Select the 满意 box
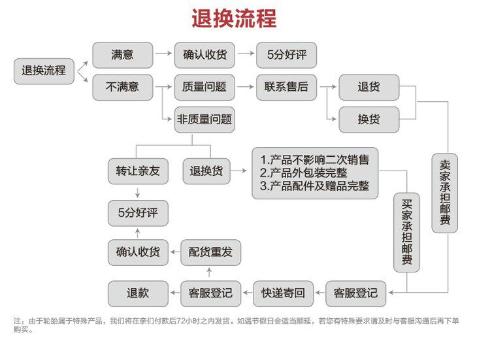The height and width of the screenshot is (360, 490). [122, 56]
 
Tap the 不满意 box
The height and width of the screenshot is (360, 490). [122, 86]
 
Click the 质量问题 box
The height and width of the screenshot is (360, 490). [204, 86]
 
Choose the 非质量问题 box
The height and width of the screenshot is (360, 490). [204, 120]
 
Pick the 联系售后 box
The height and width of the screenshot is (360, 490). [286, 86]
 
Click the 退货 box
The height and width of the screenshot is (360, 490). [368, 86]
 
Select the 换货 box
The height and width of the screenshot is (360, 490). [368, 120]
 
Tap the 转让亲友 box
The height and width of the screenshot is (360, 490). [138, 171]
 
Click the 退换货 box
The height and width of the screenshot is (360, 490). [206, 171]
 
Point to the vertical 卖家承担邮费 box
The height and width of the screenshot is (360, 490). [445, 193]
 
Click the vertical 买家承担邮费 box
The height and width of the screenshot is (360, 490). [406, 232]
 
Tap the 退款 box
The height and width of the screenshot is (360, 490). [138, 293]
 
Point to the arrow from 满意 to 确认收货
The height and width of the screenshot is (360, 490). [163, 56]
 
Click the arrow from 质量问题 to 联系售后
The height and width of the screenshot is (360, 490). [246, 86]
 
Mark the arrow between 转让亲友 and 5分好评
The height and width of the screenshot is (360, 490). [138, 192]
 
